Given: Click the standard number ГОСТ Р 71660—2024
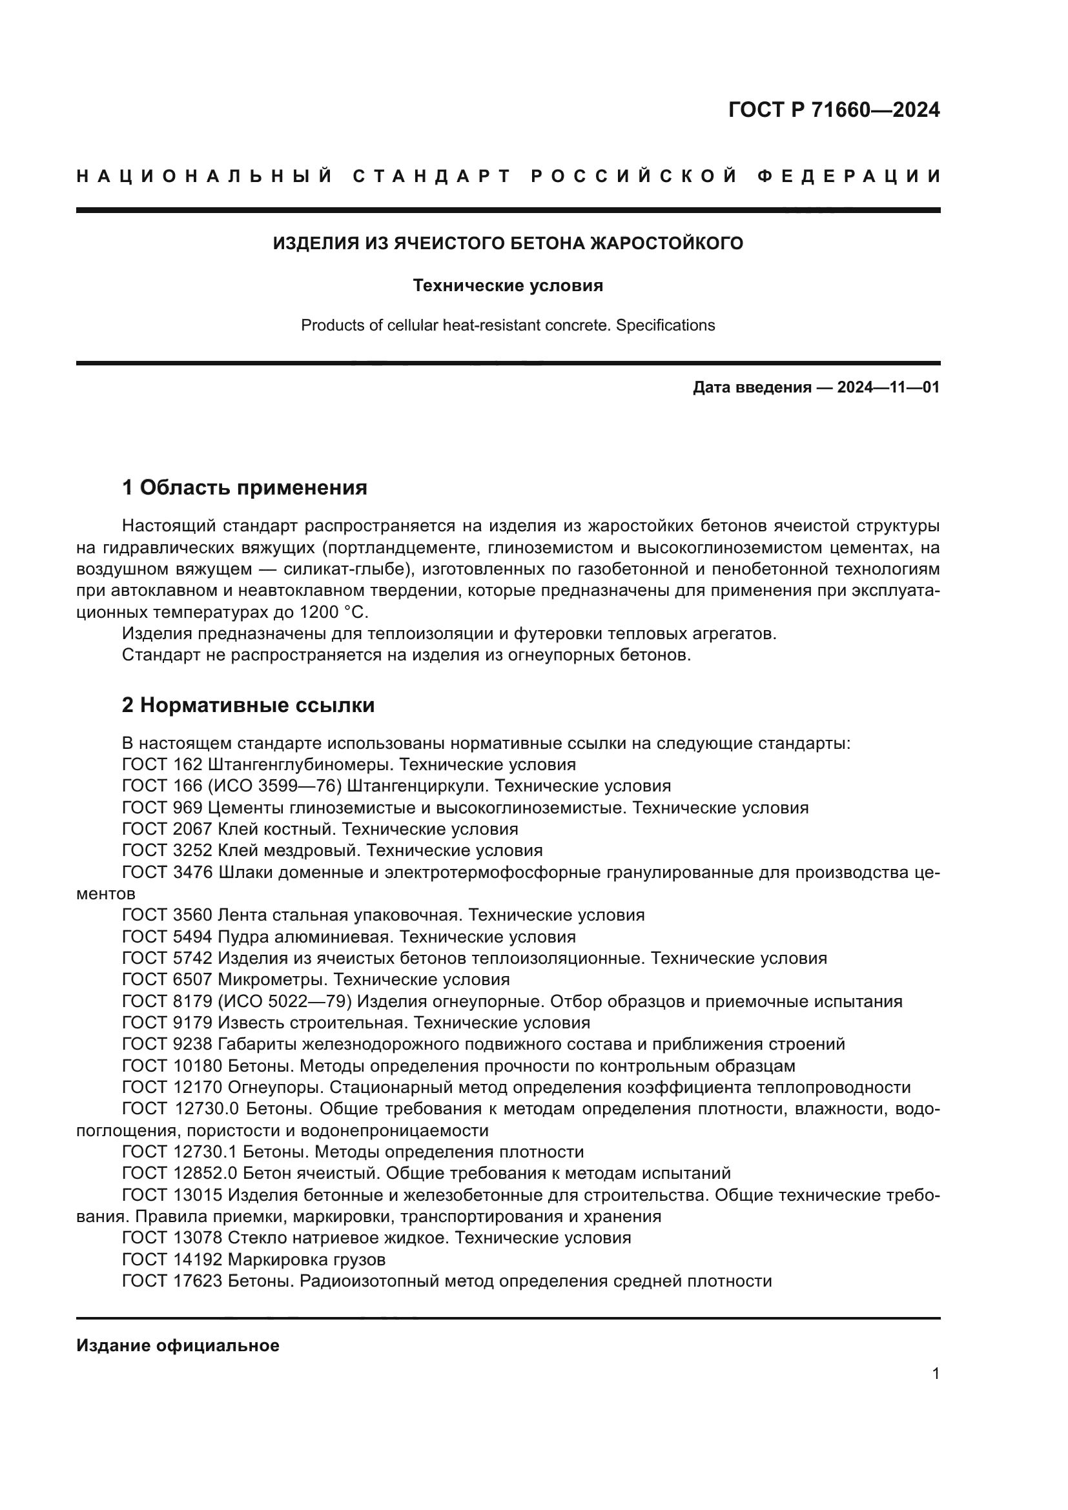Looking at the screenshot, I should point(833,110).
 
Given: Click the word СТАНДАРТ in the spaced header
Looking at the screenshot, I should point(431,176).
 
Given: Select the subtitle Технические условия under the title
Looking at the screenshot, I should point(508,285).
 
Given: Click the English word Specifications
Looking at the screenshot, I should point(665,325).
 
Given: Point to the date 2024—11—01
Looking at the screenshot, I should point(888,387).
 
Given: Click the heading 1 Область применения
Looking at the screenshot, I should point(244,488).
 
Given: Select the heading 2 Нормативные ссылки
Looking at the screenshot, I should point(248,706).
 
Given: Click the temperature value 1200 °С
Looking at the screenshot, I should point(333,612).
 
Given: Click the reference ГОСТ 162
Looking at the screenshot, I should point(162,765).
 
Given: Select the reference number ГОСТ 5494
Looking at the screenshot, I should point(167,937).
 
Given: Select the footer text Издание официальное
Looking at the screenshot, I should point(178,1341).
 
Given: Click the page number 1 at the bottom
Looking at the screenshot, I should point(936,1374).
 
